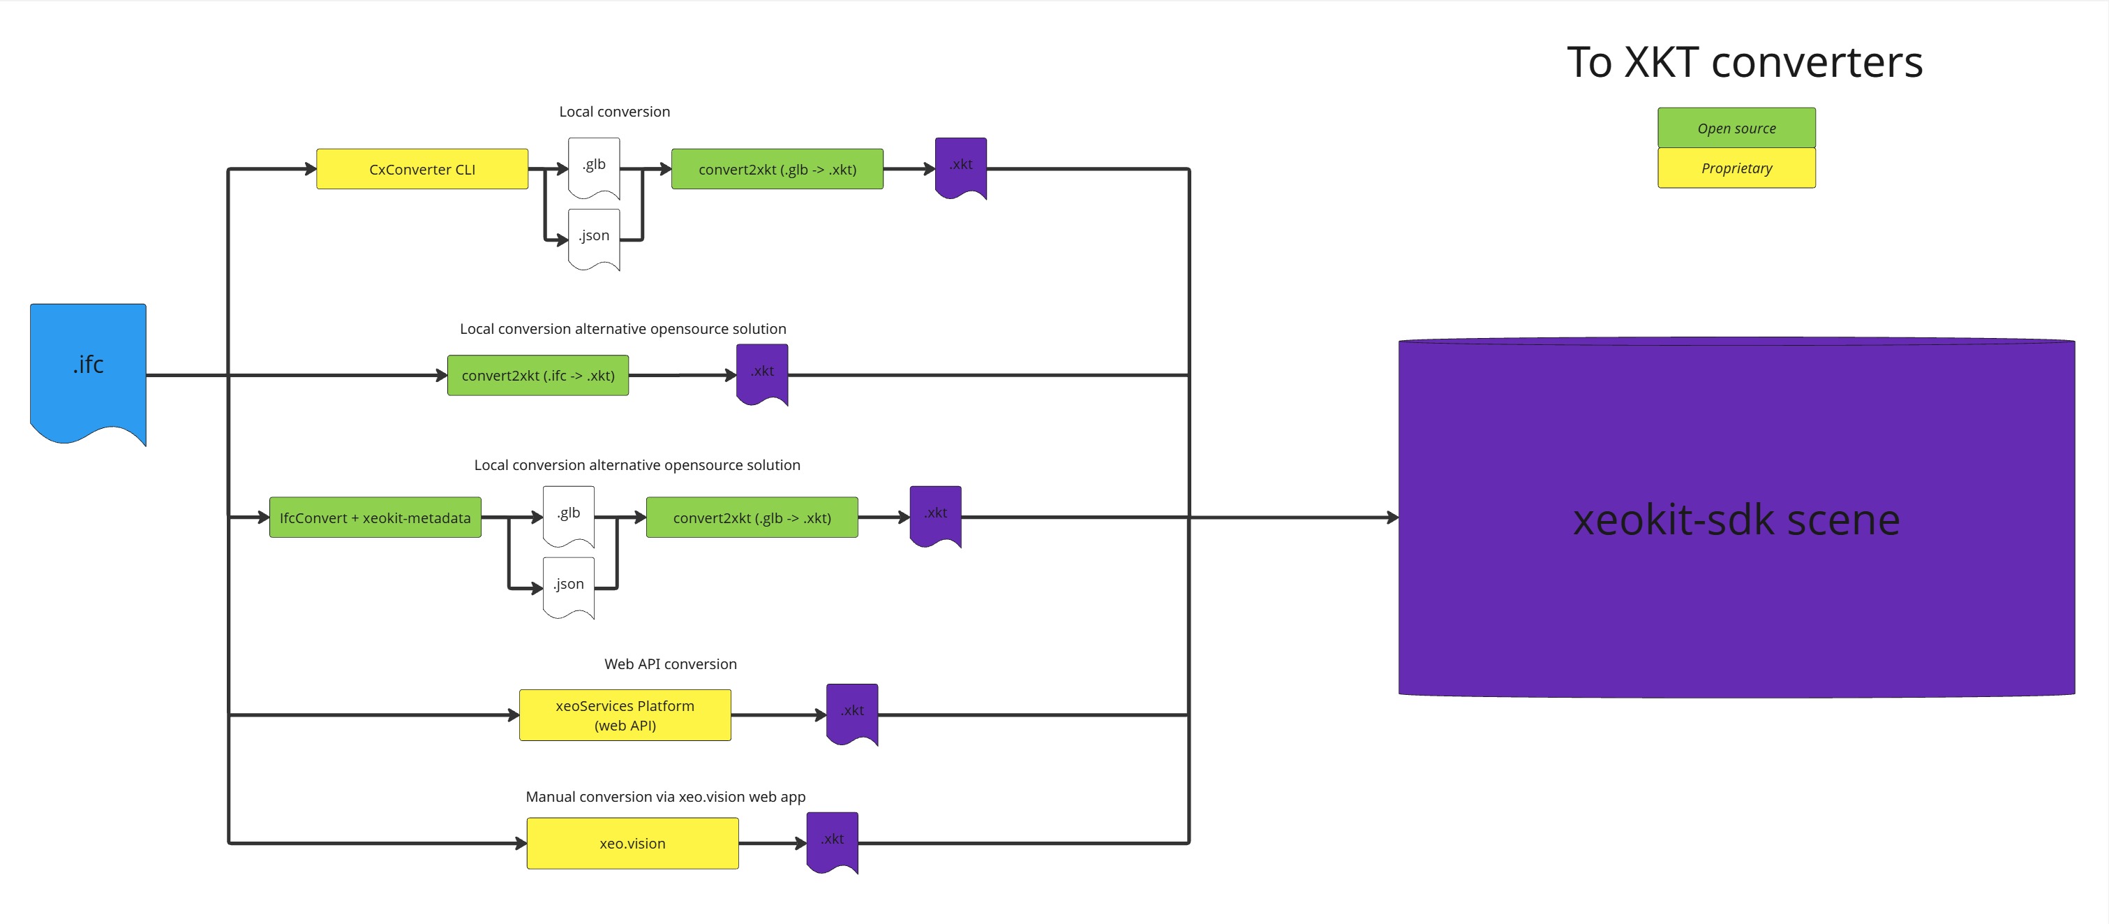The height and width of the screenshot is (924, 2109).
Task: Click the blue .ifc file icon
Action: pos(89,369)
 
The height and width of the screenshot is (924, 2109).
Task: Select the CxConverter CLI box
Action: pos(422,170)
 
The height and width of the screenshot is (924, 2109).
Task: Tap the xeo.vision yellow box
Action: pos(632,843)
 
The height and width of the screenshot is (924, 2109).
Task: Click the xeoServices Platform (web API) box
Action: pos(625,715)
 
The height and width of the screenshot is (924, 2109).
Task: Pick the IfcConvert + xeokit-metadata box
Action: pos(375,518)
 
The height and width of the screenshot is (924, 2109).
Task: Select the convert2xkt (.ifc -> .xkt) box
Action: pos(538,375)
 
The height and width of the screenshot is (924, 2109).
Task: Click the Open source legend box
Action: pos(1736,128)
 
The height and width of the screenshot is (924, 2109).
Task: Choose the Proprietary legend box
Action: pos(1736,168)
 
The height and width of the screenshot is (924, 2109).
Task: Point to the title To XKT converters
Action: pos(1744,62)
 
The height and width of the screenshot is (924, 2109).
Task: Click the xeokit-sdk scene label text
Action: pos(1736,520)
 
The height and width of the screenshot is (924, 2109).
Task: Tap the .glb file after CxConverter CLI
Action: pos(595,166)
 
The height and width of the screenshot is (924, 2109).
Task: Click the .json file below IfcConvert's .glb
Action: pos(569,586)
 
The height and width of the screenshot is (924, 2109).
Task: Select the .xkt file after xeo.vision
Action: pos(833,840)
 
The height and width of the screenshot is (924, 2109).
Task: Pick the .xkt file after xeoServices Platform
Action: pos(852,712)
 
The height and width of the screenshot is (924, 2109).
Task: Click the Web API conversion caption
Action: pos(671,664)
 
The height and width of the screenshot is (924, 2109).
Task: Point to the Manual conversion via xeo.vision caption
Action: pos(665,797)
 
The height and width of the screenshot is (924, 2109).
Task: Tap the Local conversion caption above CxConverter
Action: pos(614,112)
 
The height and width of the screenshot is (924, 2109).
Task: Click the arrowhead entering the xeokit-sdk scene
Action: pos(1393,518)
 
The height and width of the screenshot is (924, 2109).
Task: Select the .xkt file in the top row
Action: pos(961,166)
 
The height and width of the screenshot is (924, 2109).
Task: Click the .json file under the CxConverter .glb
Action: pos(595,237)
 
